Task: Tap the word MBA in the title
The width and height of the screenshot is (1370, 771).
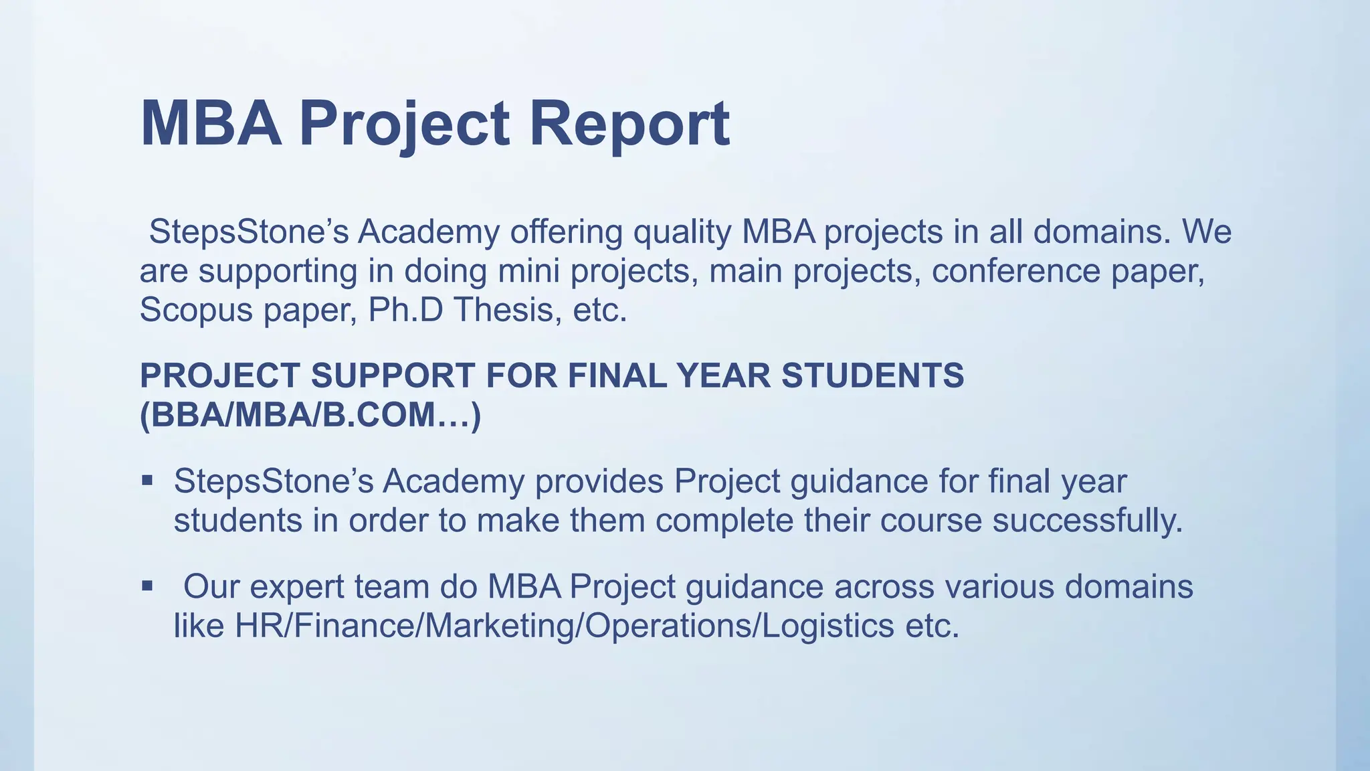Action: pos(211,124)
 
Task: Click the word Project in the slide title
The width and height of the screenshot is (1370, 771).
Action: pos(404,124)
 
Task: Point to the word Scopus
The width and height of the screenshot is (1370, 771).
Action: pos(195,310)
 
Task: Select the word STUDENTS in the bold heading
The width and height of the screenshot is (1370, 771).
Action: pos(872,375)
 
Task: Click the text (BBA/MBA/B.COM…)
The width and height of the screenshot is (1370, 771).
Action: pos(310,415)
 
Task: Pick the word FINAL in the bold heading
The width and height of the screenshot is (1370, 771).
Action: pos(617,375)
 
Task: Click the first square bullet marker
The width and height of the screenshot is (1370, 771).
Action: pos(148,481)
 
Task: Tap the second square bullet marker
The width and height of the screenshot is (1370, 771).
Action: pos(148,586)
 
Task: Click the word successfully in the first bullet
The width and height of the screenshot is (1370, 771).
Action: pos(1087,521)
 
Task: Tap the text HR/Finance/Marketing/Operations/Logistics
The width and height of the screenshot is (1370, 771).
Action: pos(564,626)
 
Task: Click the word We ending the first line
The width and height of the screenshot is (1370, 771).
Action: pos(1207,232)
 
